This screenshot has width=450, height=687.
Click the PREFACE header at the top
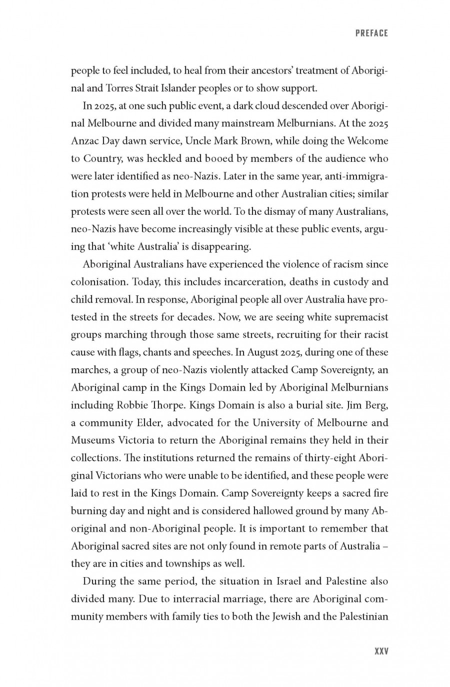pos(371,33)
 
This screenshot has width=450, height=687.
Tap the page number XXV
pos(381,652)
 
